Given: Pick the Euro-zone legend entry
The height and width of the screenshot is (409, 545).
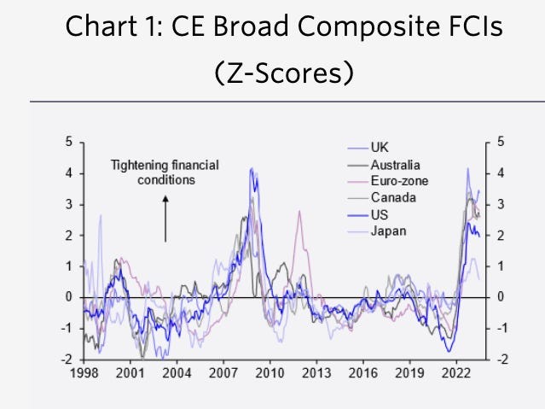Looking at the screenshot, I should click(399, 181).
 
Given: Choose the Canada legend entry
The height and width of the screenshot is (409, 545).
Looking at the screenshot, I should click(392, 198).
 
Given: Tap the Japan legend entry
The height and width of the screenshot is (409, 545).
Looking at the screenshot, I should click(388, 231).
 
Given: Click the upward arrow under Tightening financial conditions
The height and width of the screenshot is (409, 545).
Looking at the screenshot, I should click(165, 217).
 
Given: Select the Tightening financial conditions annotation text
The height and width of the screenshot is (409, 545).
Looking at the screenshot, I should click(165, 172).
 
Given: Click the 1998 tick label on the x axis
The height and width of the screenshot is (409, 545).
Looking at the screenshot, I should click(83, 374).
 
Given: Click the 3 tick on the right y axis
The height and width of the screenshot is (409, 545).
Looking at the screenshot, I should click(501, 204).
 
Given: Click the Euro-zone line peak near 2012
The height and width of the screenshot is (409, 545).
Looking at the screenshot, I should click(299, 211).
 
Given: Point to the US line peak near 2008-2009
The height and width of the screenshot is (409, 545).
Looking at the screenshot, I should click(251, 169).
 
